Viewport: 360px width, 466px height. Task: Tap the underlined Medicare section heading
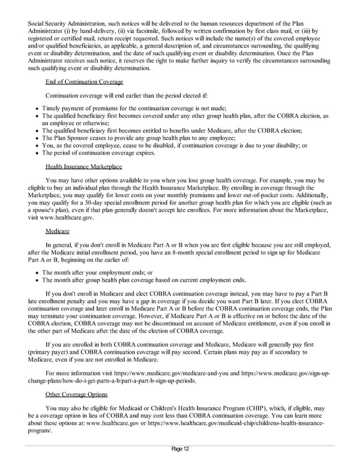pos(57,231)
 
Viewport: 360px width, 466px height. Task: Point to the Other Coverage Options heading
pos(76,394)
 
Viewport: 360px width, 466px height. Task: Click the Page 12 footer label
pos(179,450)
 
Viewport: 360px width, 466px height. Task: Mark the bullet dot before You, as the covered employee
pos(37,145)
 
